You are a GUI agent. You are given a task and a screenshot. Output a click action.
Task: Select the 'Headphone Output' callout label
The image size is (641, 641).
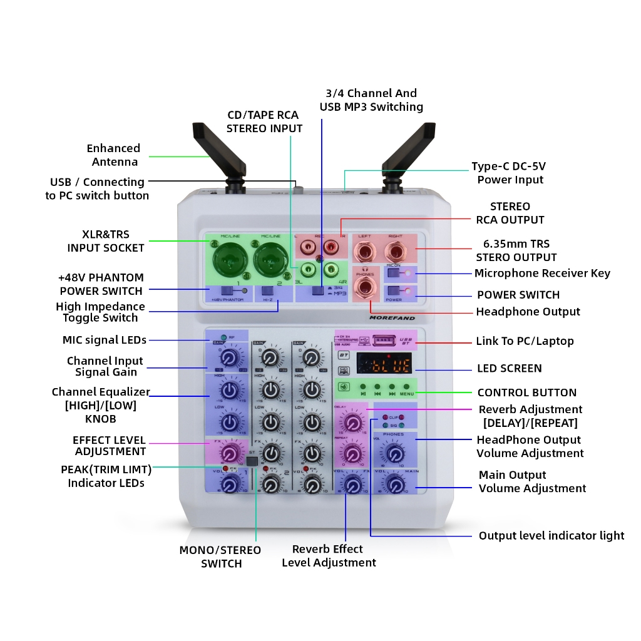click(528, 312)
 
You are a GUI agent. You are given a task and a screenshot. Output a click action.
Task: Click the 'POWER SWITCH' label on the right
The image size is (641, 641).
click(518, 295)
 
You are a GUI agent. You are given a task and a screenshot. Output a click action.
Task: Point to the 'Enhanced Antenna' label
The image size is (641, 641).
click(113, 155)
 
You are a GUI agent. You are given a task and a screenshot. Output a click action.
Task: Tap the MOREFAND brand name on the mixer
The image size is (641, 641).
click(391, 317)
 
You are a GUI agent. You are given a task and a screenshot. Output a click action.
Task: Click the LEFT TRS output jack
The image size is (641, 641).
click(365, 253)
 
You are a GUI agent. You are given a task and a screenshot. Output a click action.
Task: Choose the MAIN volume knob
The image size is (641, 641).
click(394, 484)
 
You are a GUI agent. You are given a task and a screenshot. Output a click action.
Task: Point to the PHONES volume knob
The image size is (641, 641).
click(394, 454)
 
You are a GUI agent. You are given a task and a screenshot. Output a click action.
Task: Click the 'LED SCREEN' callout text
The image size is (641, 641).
click(510, 369)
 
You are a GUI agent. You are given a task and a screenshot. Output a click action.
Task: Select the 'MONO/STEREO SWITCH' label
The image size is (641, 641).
click(220, 556)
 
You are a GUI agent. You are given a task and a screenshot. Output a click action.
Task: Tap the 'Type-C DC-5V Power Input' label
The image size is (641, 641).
click(510, 173)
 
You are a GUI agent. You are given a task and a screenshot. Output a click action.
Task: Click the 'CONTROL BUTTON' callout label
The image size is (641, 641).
click(526, 392)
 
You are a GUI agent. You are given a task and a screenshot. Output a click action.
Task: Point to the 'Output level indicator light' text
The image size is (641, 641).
click(551, 536)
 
